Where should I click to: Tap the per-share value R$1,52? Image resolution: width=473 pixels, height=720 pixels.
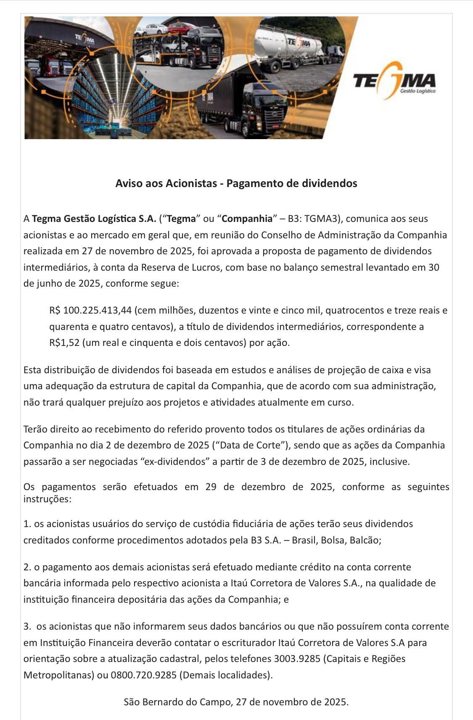64,343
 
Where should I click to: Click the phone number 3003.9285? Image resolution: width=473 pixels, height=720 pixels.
297,659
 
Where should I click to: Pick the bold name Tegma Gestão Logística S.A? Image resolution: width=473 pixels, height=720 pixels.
94,219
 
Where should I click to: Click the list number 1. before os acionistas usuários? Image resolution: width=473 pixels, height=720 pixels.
27,524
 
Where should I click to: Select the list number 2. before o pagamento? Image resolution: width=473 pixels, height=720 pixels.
27,567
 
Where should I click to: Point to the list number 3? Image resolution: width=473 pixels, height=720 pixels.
27,626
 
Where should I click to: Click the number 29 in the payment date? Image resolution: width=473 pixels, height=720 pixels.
211,487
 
